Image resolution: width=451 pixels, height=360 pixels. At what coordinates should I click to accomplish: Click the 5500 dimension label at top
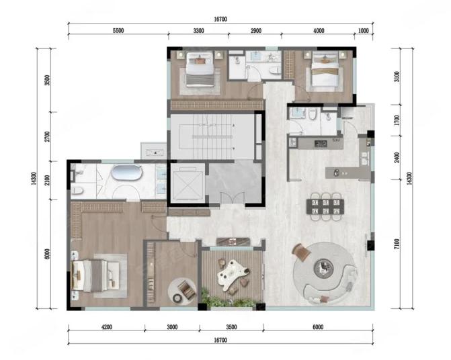(x=118, y=31)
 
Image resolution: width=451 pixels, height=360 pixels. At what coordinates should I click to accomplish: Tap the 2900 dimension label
(x=255, y=31)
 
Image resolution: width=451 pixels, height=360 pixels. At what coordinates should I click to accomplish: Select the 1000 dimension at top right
(x=363, y=31)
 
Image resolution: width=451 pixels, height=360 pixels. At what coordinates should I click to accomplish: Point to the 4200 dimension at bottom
(x=107, y=327)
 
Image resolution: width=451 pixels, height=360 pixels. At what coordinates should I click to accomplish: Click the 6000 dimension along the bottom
(x=318, y=327)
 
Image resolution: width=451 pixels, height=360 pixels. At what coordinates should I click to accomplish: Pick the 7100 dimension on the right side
(x=397, y=244)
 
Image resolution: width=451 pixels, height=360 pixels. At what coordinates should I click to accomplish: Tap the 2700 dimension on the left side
(x=47, y=136)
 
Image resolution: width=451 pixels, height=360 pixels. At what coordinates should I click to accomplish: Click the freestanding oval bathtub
(x=127, y=173)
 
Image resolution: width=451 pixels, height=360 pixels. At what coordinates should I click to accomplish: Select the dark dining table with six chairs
(x=325, y=207)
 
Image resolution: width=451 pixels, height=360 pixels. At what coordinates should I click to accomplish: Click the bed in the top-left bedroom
(x=200, y=69)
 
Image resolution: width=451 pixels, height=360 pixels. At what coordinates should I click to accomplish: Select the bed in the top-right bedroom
(x=325, y=69)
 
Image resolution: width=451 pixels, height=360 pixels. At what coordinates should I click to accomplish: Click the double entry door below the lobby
(x=233, y=199)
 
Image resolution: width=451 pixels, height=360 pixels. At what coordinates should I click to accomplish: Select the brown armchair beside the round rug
(x=301, y=252)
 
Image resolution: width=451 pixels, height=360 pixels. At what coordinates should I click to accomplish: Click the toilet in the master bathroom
(x=77, y=191)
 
